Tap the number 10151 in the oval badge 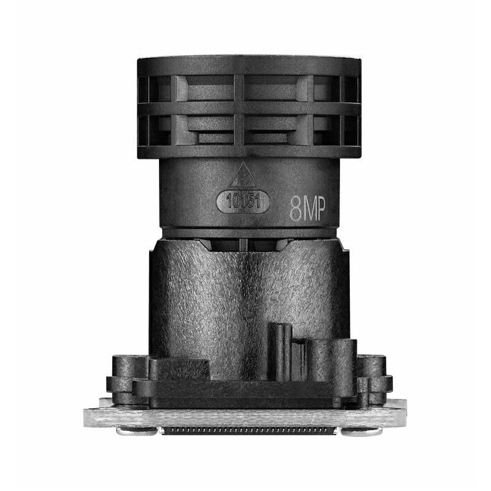(x=243, y=202)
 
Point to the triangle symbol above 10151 (x=243, y=176)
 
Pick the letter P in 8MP (x=320, y=209)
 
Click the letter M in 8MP (x=307, y=210)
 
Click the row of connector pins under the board (x=249, y=430)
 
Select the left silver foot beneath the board (x=136, y=431)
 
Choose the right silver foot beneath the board (x=361, y=431)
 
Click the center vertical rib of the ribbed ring (x=239, y=110)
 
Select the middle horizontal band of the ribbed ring (x=249, y=109)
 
